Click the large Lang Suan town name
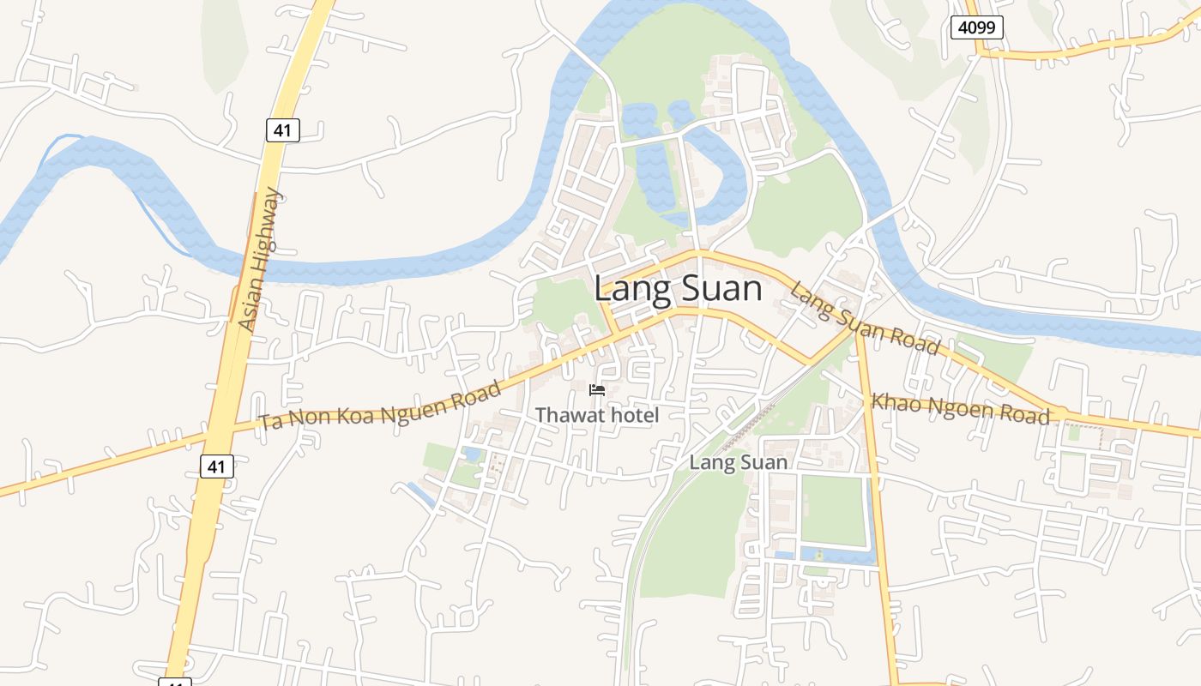click(x=678, y=289)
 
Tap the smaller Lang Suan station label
click(x=739, y=463)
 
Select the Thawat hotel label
click(x=597, y=416)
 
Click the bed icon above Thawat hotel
click(x=597, y=391)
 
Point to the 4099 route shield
click(x=976, y=27)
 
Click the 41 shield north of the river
click(x=281, y=130)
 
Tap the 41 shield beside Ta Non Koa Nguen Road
click(x=216, y=466)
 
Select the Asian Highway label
click(x=260, y=260)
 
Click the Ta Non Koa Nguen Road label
click(x=381, y=406)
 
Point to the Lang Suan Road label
click(x=865, y=317)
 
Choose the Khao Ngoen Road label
click(x=961, y=408)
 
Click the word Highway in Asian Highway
click(x=266, y=232)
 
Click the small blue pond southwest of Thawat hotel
click(x=472, y=454)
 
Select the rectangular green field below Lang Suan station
click(x=833, y=510)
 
